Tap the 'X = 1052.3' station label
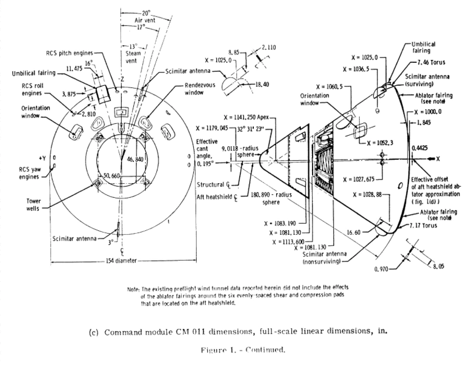pyautogui.click(x=380, y=142)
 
